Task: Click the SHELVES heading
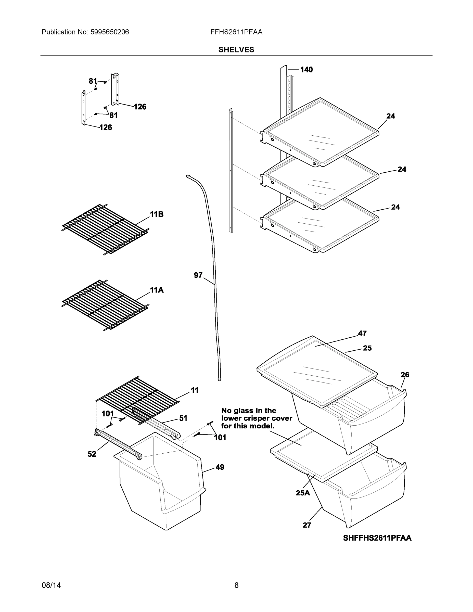tap(236, 50)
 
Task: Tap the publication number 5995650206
tap(109, 32)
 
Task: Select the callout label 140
tap(306, 70)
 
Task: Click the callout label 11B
tap(157, 214)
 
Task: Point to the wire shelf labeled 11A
tap(105, 305)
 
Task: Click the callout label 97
tap(198, 275)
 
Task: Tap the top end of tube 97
tap(187, 176)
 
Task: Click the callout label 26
tap(405, 374)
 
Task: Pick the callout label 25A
tap(303, 493)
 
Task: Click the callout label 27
tap(307, 525)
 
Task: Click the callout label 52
tap(92, 454)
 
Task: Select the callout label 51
tap(183, 418)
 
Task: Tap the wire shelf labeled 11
tap(137, 398)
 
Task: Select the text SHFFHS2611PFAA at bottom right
tap(377, 538)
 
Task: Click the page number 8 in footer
tap(236, 585)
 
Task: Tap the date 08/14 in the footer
tap(51, 585)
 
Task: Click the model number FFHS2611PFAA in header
tap(236, 32)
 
